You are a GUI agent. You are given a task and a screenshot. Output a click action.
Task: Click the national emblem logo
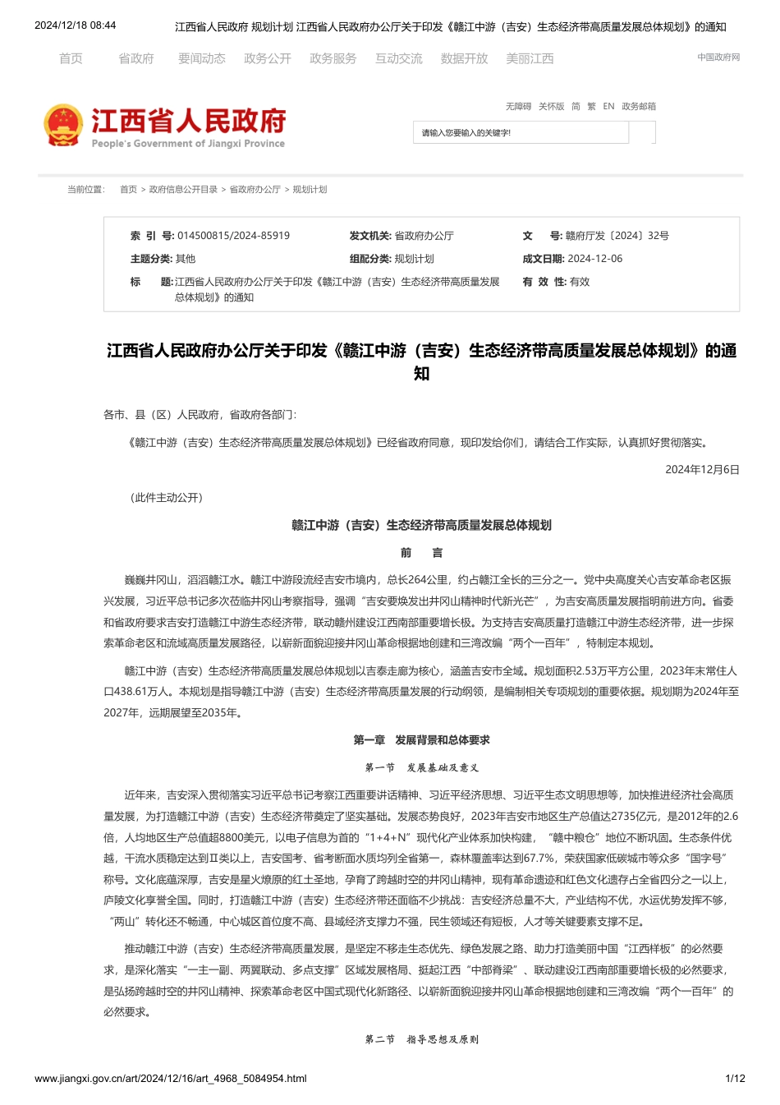[x=62, y=126]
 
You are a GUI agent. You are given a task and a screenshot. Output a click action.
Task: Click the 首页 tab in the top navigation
[x=71, y=58]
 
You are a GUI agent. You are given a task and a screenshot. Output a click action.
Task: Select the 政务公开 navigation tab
[x=267, y=58]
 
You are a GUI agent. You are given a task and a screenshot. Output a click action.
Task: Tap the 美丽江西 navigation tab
[x=530, y=58]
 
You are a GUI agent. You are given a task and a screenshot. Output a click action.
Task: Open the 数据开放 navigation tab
[x=464, y=58]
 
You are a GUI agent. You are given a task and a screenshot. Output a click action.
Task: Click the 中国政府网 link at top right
[x=718, y=58]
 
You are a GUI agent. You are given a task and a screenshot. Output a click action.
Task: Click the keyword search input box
[x=521, y=132]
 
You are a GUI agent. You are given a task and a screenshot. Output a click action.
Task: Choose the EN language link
[x=608, y=106]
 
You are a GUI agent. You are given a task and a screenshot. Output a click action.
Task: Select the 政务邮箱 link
[x=639, y=106]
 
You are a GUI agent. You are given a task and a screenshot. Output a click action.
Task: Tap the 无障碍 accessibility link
[x=518, y=106]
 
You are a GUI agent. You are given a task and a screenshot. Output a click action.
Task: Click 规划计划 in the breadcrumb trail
[x=310, y=190]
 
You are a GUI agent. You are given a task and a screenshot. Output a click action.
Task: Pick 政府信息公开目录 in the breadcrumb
[x=183, y=190]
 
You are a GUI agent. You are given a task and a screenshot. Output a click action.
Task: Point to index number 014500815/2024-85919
[x=233, y=236]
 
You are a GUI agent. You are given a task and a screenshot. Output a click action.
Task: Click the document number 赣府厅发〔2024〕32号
[x=617, y=236]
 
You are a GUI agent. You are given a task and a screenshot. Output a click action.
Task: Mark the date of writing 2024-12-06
[x=594, y=259]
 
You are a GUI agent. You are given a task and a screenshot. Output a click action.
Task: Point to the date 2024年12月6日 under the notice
[x=702, y=470]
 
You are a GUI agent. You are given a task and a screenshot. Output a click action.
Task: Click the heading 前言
[x=421, y=553]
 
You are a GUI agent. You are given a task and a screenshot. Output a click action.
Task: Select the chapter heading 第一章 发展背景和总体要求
[x=421, y=740]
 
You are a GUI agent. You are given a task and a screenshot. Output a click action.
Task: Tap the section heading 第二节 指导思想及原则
[x=421, y=1039]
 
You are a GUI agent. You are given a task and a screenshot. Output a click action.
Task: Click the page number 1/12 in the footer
[x=735, y=1079]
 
